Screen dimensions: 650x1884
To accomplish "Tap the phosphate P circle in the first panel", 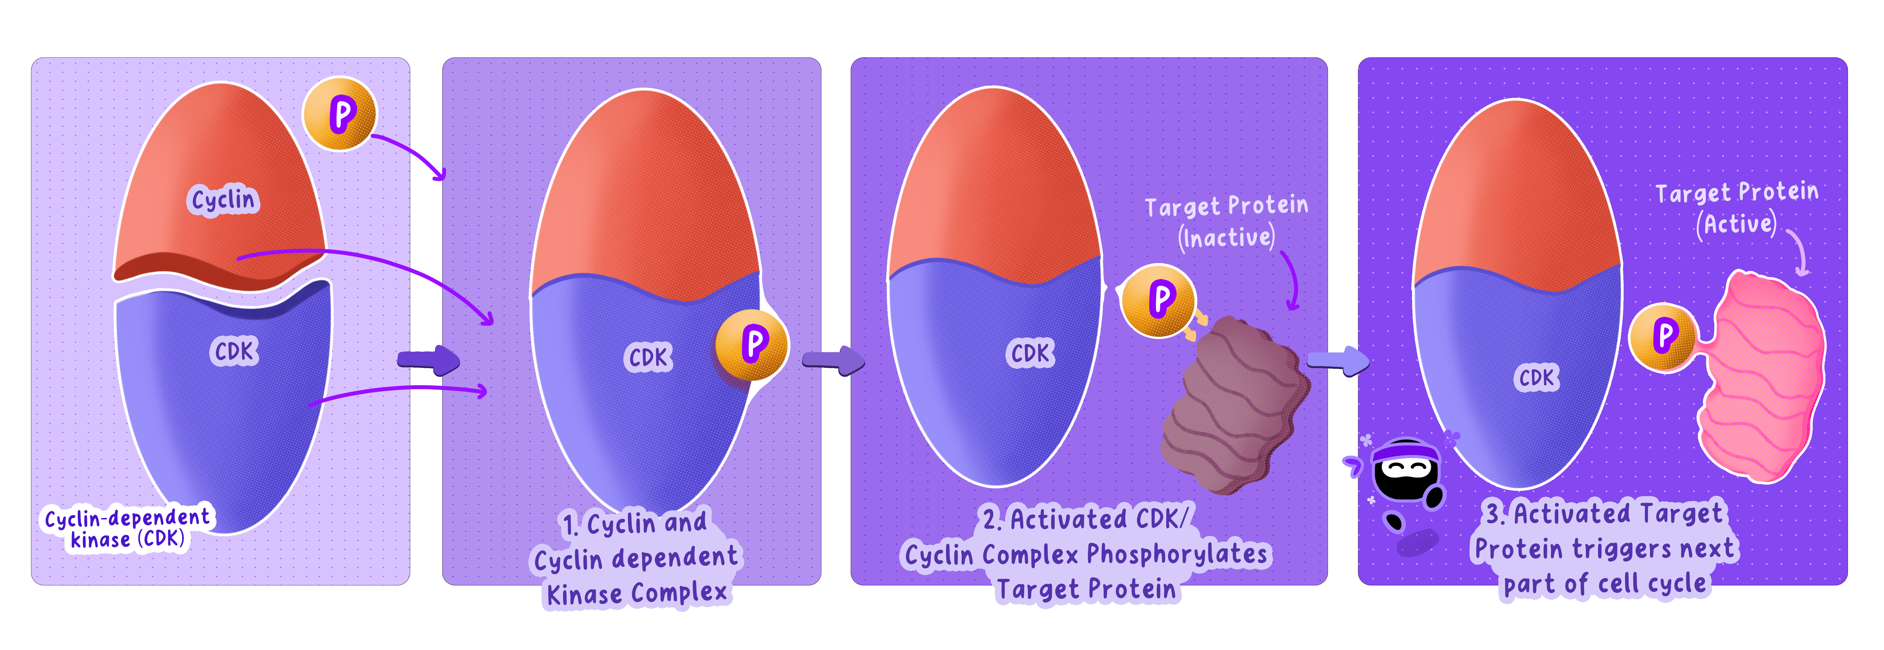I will [340, 114].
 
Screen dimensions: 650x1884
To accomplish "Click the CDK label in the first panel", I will [234, 352].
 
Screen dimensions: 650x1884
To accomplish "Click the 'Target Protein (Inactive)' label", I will [1227, 222].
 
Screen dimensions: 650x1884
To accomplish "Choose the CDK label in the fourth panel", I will [1536, 377].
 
